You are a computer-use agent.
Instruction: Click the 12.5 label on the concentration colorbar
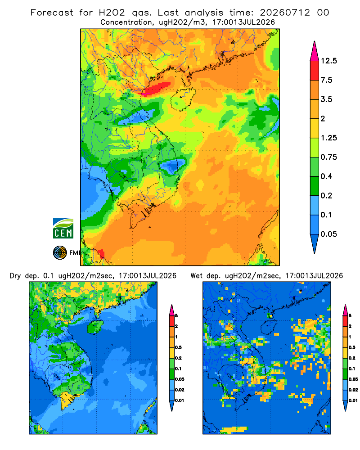point(328,61)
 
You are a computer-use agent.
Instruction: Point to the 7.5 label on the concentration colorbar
point(326,80)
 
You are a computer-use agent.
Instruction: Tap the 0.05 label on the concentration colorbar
point(328,234)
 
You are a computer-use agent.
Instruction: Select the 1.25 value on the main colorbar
point(328,138)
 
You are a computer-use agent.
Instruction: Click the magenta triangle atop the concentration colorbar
point(315,52)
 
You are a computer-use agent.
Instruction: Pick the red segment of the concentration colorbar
point(315,71)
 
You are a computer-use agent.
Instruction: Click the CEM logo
point(63,229)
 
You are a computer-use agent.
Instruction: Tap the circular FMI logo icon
point(60,252)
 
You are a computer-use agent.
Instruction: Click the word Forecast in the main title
point(52,13)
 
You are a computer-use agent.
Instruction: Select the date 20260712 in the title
point(285,13)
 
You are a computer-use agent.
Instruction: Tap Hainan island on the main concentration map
point(183,99)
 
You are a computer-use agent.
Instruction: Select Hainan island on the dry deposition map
point(95,327)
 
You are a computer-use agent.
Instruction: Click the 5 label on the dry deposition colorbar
point(176,316)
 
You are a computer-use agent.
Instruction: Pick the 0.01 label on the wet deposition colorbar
point(353,400)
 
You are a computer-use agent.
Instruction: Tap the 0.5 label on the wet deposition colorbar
point(352,347)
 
